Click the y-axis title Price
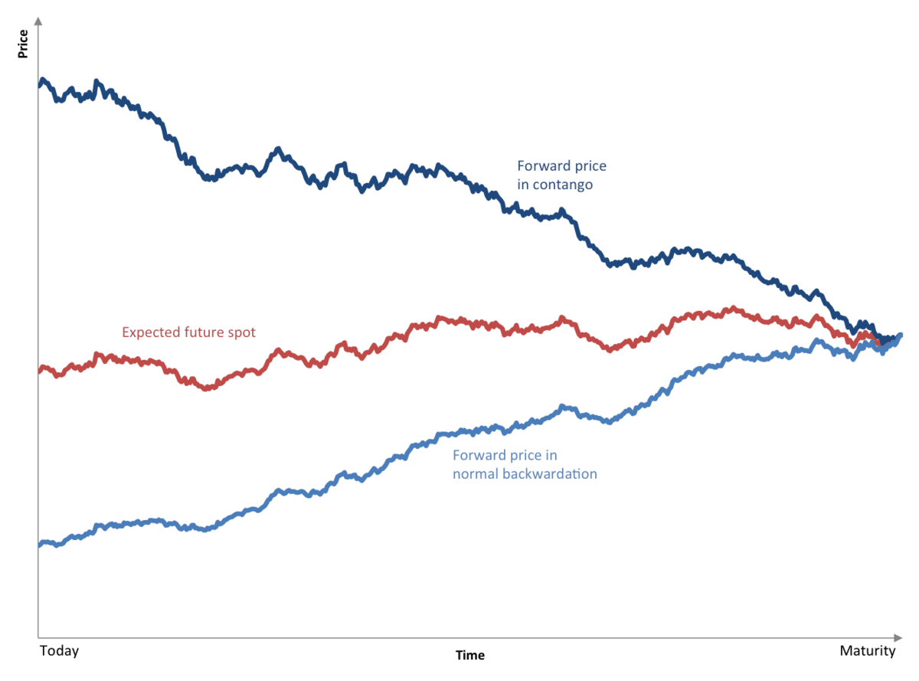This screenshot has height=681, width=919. pyautogui.click(x=23, y=44)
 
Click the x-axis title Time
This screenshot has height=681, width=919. pyautogui.click(x=470, y=656)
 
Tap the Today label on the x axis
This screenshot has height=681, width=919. pyautogui.click(x=59, y=651)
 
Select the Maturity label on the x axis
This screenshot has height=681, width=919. pyautogui.click(x=868, y=651)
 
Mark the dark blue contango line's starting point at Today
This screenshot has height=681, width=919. pyautogui.click(x=40, y=83)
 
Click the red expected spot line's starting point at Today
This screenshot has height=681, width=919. pyautogui.click(x=40, y=369)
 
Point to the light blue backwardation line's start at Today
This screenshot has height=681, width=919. pyautogui.click(x=40, y=544)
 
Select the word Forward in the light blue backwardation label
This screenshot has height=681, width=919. pyautogui.click(x=478, y=455)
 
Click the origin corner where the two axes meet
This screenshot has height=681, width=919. pyautogui.click(x=38, y=637)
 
